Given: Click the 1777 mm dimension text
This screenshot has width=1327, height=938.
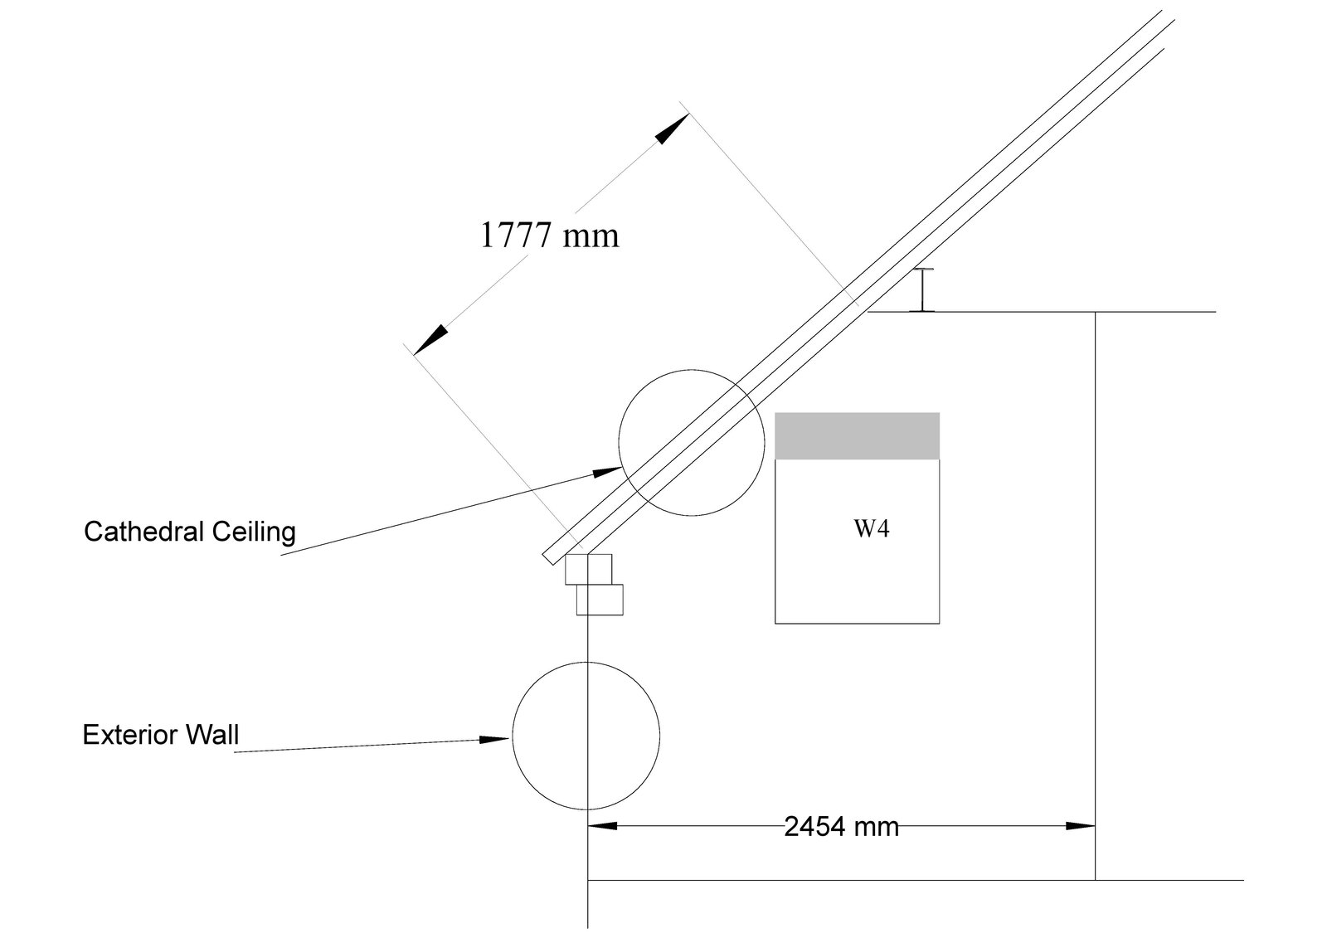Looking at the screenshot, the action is [549, 236].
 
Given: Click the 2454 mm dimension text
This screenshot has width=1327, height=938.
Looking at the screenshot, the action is [841, 827].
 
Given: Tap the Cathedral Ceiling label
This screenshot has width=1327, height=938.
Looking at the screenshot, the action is [190, 532].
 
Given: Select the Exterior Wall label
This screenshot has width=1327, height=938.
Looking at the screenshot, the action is [161, 735].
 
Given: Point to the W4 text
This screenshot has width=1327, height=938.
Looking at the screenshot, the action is [872, 528].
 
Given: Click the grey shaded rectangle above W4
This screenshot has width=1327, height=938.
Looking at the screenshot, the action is [858, 435].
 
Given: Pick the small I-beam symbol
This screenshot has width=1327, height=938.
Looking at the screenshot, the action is [923, 289].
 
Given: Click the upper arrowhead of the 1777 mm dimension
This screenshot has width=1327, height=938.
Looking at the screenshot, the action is [673, 129].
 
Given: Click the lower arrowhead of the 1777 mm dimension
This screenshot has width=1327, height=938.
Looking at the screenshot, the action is [430, 339].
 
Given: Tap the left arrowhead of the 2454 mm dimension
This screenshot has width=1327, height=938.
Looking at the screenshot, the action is [602, 825].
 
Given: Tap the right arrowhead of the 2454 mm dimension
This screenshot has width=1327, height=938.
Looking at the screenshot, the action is [1080, 825].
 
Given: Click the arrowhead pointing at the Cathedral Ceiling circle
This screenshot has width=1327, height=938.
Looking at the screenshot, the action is [606, 472].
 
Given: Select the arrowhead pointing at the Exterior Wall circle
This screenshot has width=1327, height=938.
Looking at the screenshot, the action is [494, 740].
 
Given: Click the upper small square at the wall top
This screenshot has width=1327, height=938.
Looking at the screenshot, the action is [588, 570].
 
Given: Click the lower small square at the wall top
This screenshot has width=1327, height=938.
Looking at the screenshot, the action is [600, 600].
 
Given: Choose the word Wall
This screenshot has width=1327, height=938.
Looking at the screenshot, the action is [212, 735].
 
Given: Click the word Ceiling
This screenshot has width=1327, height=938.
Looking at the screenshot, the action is [254, 532].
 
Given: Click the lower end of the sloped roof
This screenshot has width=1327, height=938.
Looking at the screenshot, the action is [548, 560].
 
